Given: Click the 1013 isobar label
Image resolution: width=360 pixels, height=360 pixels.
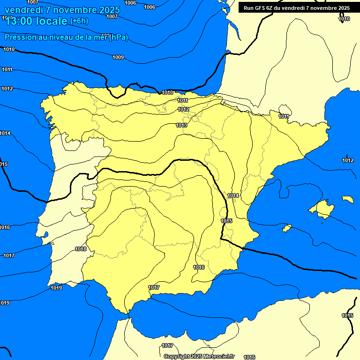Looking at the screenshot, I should coord(182,125).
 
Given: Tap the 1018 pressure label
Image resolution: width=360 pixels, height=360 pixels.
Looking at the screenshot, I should coord(81,249).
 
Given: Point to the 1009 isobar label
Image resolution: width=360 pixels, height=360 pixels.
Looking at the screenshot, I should coord(118,57).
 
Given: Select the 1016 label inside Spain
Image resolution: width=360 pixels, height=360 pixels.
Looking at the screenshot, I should coord(199,267).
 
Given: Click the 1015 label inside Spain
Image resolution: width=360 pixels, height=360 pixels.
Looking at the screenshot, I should coord(226,221).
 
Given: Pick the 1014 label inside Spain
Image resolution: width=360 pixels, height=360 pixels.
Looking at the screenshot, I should coord(233,195).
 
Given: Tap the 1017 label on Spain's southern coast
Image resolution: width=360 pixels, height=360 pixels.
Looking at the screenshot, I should coord(154,287).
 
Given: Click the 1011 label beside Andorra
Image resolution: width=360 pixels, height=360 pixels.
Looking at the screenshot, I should coord(284,116).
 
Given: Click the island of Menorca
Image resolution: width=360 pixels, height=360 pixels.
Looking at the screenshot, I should coord(347,199).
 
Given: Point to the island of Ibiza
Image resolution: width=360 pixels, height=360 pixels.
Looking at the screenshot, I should coord(287,228).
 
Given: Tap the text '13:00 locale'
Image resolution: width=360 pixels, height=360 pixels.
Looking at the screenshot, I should coord(37,21).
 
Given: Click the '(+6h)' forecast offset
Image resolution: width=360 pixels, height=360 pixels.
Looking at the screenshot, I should coord(79,21).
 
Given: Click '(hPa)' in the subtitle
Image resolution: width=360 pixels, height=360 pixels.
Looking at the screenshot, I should coord(118,37).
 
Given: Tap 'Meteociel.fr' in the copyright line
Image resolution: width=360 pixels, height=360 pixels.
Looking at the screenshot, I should coord(218,357).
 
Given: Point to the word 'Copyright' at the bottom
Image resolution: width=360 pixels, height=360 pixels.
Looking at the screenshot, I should coord(177,357).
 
